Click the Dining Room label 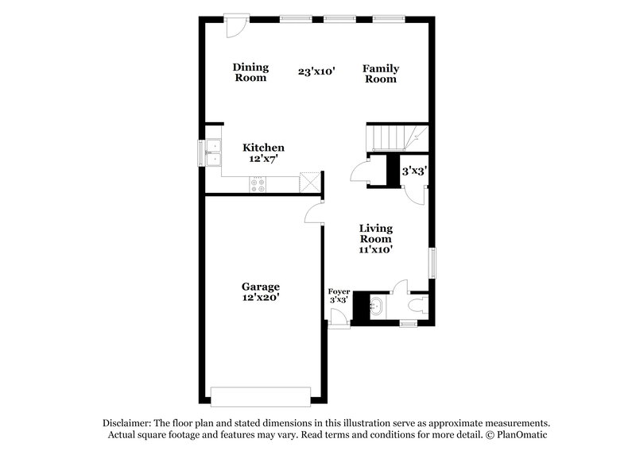pos(250,72)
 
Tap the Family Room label pos(381,74)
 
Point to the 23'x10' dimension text pos(316,71)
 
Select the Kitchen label pos(263,148)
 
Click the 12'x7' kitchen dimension pos(263,159)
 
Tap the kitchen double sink pos(213,153)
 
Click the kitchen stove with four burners pos(259,184)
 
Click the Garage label pos(261,286)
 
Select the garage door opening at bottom pos(260,395)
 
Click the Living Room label pos(376,233)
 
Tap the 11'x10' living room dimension pos(376,249)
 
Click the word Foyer pos(339,291)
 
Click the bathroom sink pos(376,306)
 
